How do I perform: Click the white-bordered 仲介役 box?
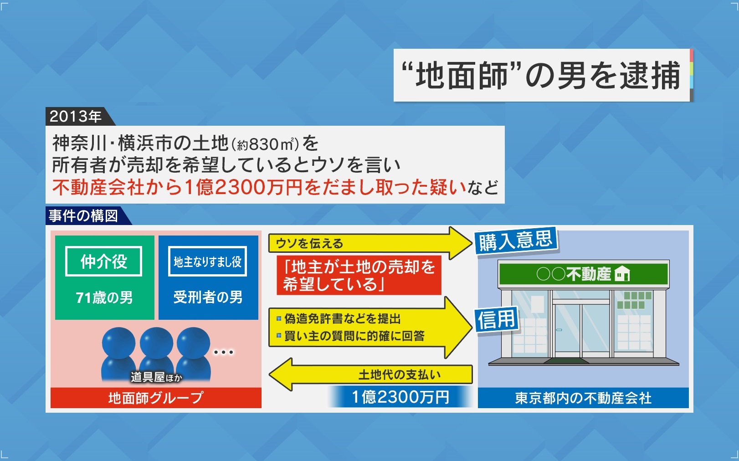[x=103, y=261]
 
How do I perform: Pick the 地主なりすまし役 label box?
[x=207, y=261]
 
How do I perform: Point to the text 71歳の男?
[x=104, y=298]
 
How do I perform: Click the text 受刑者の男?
[x=208, y=297]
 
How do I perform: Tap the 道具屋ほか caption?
[x=156, y=377]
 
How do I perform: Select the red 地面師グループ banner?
[x=156, y=398]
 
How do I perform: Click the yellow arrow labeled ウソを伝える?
[x=370, y=243]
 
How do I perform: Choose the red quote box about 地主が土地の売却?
[x=359, y=275]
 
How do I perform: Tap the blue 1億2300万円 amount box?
[x=400, y=397]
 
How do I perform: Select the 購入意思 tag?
[x=516, y=241]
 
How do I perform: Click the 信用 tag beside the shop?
[x=497, y=319]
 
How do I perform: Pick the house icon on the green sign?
[x=622, y=273]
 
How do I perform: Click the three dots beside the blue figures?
[x=224, y=353]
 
